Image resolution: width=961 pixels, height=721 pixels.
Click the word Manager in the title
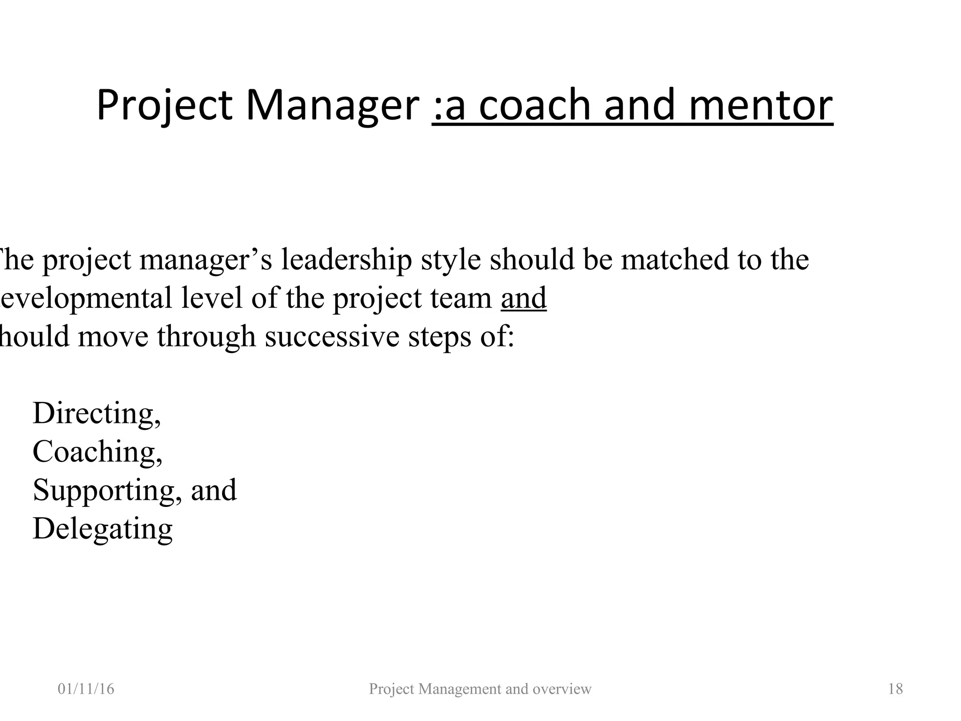click(332, 106)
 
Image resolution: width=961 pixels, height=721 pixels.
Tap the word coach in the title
click(534, 106)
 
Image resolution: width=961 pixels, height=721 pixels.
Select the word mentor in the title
click(761, 106)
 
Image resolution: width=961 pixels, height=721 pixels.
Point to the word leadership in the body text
click(346, 260)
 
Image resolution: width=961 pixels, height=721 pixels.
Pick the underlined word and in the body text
click(524, 298)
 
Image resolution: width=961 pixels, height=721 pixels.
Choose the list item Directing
click(96, 414)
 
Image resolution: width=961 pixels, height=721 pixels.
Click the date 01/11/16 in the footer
click(86, 689)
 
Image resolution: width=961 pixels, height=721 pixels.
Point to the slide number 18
click(895, 689)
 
